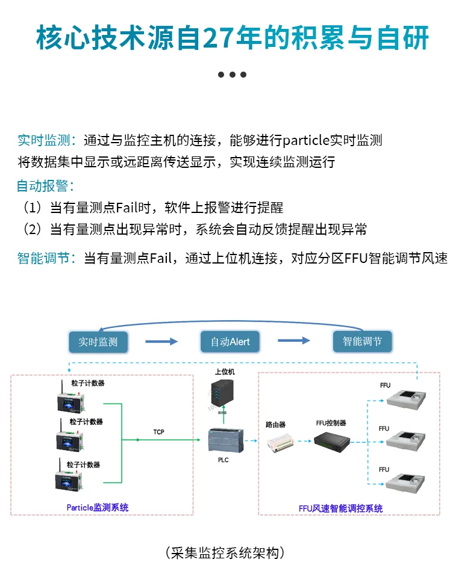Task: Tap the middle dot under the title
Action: point(232,75)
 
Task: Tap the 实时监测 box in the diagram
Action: point(98,342)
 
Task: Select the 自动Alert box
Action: point(230,342)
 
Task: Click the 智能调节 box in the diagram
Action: point(362,341)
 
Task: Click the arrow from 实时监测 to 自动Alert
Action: point(161,342)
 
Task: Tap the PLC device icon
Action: point(224,441)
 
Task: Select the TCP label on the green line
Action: point(158,432)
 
